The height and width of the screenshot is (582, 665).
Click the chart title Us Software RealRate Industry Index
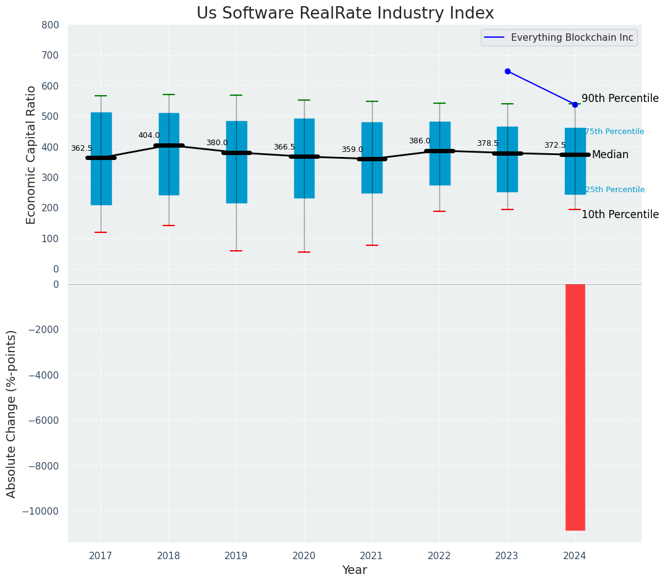coord(345,14)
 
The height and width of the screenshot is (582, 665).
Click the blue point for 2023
coord(507,71)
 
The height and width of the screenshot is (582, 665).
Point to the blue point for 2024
coord(575,104)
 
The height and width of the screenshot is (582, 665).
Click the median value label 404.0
coord(149,135)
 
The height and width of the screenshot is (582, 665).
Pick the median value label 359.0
coord(352,150)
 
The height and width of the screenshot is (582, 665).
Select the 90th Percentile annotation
coord(620,98)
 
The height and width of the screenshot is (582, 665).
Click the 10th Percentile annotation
coord(620,214)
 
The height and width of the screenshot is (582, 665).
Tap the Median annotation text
coord(610,155)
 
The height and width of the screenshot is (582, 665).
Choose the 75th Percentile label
coord(614,132)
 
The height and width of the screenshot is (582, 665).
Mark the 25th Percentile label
coord(614,190)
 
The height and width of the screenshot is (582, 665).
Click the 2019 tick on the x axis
coord(236,556)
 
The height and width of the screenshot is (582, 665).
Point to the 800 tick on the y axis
coord(51,25)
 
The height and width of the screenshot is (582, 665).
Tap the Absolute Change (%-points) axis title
coord(12,413)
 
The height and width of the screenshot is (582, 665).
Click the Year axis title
coord(354,570)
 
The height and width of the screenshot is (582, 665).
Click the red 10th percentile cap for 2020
coord(304,252)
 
